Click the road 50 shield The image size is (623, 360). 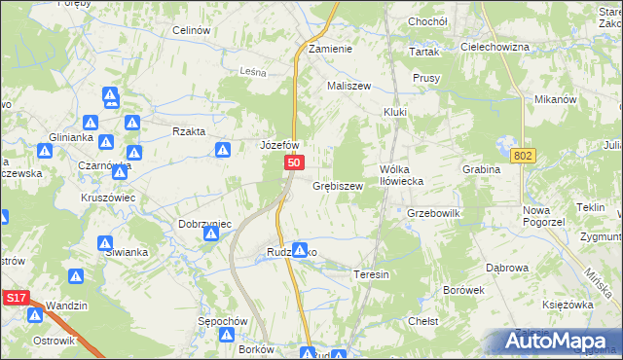point(293,166)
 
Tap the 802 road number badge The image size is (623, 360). point(523,155)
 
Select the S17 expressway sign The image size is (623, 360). point(14,303)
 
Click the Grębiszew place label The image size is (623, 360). point(338,185)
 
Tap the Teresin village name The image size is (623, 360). point(371,274)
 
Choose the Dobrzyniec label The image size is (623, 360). point(204,223)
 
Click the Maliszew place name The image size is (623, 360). point(349,86)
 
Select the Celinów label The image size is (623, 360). point(192,30)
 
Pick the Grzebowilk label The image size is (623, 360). point(432,212)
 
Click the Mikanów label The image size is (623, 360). point(557,99)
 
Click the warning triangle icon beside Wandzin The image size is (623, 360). point(36,313)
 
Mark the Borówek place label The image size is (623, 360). point(463,290)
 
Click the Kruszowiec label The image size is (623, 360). point(107,197)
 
